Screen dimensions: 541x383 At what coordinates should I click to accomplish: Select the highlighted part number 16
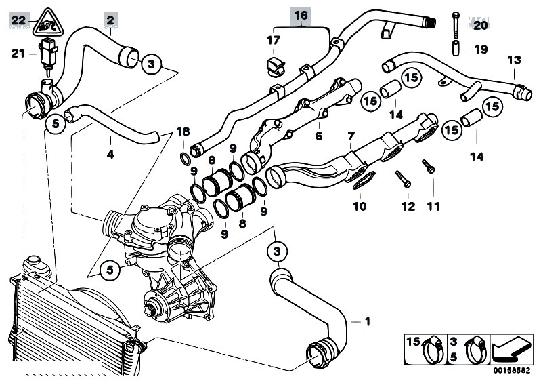(301, 15)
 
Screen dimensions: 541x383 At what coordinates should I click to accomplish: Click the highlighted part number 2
(110, 20)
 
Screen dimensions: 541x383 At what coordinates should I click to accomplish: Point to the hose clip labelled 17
(274, 66)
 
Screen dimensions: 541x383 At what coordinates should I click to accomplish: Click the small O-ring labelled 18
(186, 159)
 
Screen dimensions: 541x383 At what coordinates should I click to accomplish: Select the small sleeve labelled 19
(456, 48)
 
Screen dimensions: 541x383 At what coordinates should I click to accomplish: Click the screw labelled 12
(403, 179)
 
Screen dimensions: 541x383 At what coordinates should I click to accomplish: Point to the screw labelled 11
(428, 166)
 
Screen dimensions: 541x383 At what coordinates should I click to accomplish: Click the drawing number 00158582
(511, 371)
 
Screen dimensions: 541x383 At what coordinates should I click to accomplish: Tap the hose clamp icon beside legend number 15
(433, 349)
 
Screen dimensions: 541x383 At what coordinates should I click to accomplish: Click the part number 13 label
(514, 60)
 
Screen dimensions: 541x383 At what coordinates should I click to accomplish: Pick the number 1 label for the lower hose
(368, 321)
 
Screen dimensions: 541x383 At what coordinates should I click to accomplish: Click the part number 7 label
(351, 136)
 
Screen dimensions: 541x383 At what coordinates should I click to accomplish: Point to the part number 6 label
(318, 136)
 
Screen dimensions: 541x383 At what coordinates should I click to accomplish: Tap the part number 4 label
(110, 154)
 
